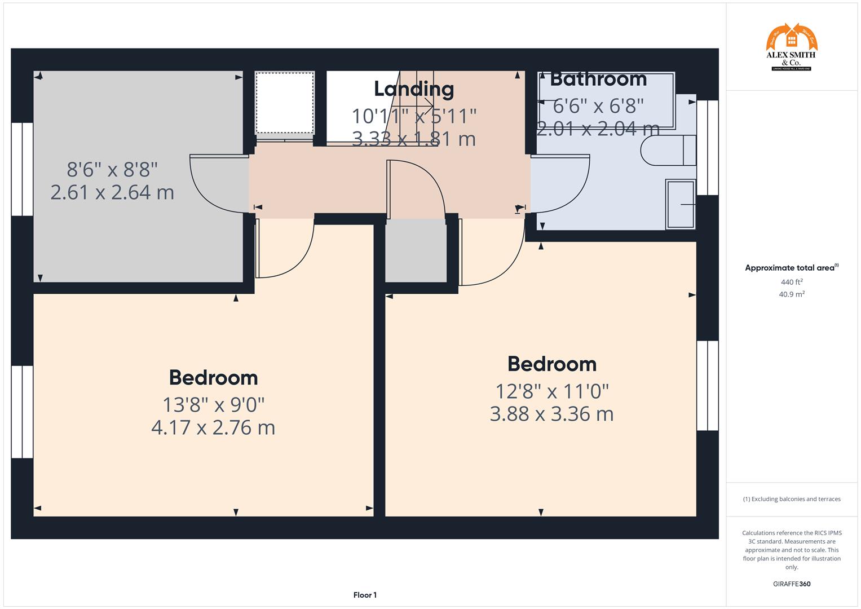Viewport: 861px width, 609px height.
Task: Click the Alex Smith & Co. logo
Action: (x=791, y=47)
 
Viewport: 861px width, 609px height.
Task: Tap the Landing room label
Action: (x=414, y=89)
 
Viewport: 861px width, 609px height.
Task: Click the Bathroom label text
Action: (x=598, y=79)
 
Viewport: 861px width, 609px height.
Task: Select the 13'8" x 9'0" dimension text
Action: (x=213, y=404)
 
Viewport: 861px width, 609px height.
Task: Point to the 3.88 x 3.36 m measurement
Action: (x=551, y=414)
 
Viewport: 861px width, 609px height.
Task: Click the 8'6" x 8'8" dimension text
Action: (x=112, y=169)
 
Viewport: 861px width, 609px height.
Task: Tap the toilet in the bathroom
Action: (x=668, y=150)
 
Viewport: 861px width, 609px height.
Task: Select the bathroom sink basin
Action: (x=681, y=204)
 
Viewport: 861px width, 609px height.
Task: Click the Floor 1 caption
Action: (x=365, y=595)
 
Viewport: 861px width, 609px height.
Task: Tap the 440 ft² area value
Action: (x=791, y=282)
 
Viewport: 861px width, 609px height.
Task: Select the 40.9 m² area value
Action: (x=791, y=294)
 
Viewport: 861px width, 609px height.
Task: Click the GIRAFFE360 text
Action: (x=791, y=584)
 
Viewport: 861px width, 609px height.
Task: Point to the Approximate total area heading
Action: (x=791, y=268)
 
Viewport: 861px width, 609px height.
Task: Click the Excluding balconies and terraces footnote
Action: (x=791, y=499)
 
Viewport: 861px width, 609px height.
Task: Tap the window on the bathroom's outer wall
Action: (x=708, y=148)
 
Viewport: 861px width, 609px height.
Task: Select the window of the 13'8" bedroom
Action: (x=23, y=412)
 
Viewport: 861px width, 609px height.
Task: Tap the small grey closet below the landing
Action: (x=416, y=250)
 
